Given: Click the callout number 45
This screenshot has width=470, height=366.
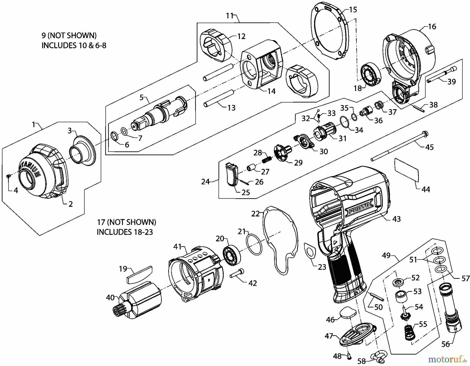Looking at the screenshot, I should point(430,147).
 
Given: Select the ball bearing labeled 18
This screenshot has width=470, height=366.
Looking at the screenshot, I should point(370,74).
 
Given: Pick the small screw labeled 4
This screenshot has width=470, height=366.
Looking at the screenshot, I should point(8,176).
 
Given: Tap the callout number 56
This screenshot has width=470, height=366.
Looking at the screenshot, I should point(445,344).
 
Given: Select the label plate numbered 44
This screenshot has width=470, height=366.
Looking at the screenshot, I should point(407,169).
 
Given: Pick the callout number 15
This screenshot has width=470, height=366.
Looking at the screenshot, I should point(353,10).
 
